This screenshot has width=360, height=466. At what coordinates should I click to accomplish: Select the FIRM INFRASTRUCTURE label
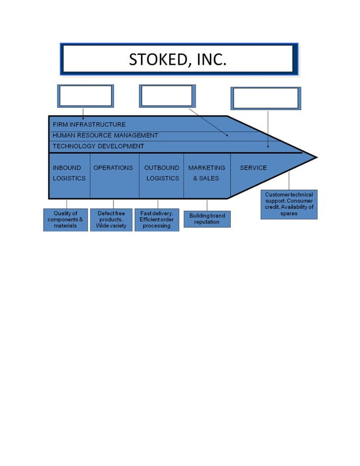[89, 124]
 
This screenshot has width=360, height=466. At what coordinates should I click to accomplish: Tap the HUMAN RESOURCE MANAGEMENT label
[105, 135]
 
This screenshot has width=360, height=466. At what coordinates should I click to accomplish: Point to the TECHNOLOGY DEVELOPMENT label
[98, 146]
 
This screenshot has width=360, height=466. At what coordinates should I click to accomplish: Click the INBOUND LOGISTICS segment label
[69, 173]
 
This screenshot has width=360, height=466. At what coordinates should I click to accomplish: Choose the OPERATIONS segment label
[113, 168]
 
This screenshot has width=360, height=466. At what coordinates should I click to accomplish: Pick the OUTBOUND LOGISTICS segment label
[162, 173]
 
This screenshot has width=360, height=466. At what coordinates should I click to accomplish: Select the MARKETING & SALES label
[207, 173]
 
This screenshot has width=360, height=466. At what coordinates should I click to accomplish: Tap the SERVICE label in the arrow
[253, 168]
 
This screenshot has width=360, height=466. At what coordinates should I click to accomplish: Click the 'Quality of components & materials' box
[65, 219]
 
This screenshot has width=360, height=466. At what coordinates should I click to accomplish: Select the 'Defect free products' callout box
[111, 219]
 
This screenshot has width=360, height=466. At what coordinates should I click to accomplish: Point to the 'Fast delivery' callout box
[156, 219]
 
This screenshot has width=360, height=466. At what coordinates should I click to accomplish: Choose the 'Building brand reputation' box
[207, 218]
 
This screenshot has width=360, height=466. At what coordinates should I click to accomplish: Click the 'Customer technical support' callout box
[289, 204]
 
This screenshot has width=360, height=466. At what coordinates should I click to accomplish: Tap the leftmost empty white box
[85, 96]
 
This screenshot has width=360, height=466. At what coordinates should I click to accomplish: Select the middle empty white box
[167, 96]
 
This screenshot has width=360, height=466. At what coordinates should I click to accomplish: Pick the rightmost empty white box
[266, 98]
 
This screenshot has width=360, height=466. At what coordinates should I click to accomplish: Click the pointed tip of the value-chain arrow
[315, 157]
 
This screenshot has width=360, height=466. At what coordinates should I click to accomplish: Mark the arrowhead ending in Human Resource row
[227, 135]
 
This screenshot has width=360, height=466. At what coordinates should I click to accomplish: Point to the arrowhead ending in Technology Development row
[268, 146]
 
